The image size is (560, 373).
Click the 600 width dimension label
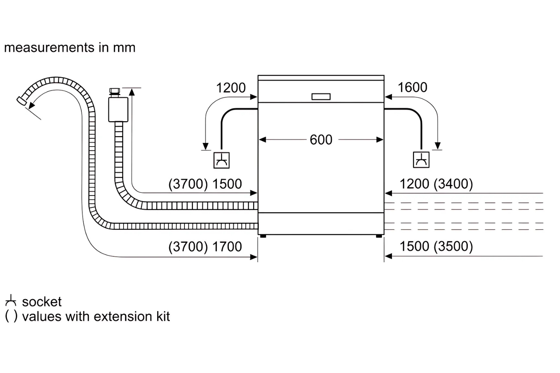(x=321, y=140)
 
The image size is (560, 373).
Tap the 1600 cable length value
(x=412, y=88)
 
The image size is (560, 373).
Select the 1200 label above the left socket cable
(x=231, y=88)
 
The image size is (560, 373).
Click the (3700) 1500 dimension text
(x=205, y=184)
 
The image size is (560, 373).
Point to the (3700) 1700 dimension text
(x=205, y=247)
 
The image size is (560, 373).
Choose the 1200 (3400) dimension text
(x=436, y=184)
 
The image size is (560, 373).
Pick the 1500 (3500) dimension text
(x=436, y=246)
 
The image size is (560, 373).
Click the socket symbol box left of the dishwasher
(x=221, y=160)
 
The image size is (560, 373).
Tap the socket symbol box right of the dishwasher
(x=421, y=160)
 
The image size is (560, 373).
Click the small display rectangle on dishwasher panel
(x=321, y=97)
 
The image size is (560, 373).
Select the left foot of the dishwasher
(x=263, y=236)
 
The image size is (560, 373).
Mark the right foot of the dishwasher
(x=379, y=236)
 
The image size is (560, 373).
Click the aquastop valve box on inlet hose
(x=118, y=109)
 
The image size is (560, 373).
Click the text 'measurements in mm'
(x=70, y=48)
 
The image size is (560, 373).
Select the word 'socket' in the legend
(x=42, y=302)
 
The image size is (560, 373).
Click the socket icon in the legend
(x=11, y=301)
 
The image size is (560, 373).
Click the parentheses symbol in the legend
(x=11, y=316)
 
